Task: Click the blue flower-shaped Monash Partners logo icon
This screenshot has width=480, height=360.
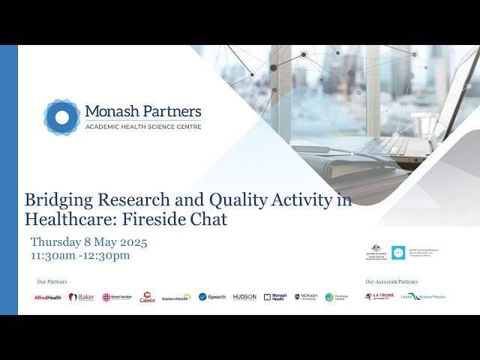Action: [x=61, y=117]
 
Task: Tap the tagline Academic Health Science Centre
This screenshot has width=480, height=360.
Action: [x=142, y=127]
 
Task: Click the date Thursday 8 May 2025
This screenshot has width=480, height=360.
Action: [x=88, y=242]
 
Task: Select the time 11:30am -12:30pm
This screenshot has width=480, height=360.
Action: [x=80, y=255]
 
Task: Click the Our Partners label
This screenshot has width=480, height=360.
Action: [x=52, y=282]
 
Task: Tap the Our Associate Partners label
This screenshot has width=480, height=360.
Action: [x=391, y=282]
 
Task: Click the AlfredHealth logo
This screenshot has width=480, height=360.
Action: [x=48, y=297]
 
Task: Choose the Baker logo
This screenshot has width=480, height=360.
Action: [x=82, y=297]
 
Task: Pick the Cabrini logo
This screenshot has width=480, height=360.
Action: [x=148, y=297]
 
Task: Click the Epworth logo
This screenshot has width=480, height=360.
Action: [x=212, y=297]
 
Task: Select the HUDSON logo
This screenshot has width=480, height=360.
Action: [x=244, y=297]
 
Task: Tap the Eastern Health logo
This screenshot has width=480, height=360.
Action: [x=176, y=298]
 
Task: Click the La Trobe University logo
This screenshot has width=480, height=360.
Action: [x=379, y=296]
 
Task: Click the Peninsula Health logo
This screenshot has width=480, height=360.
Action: [x=336, y=297]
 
